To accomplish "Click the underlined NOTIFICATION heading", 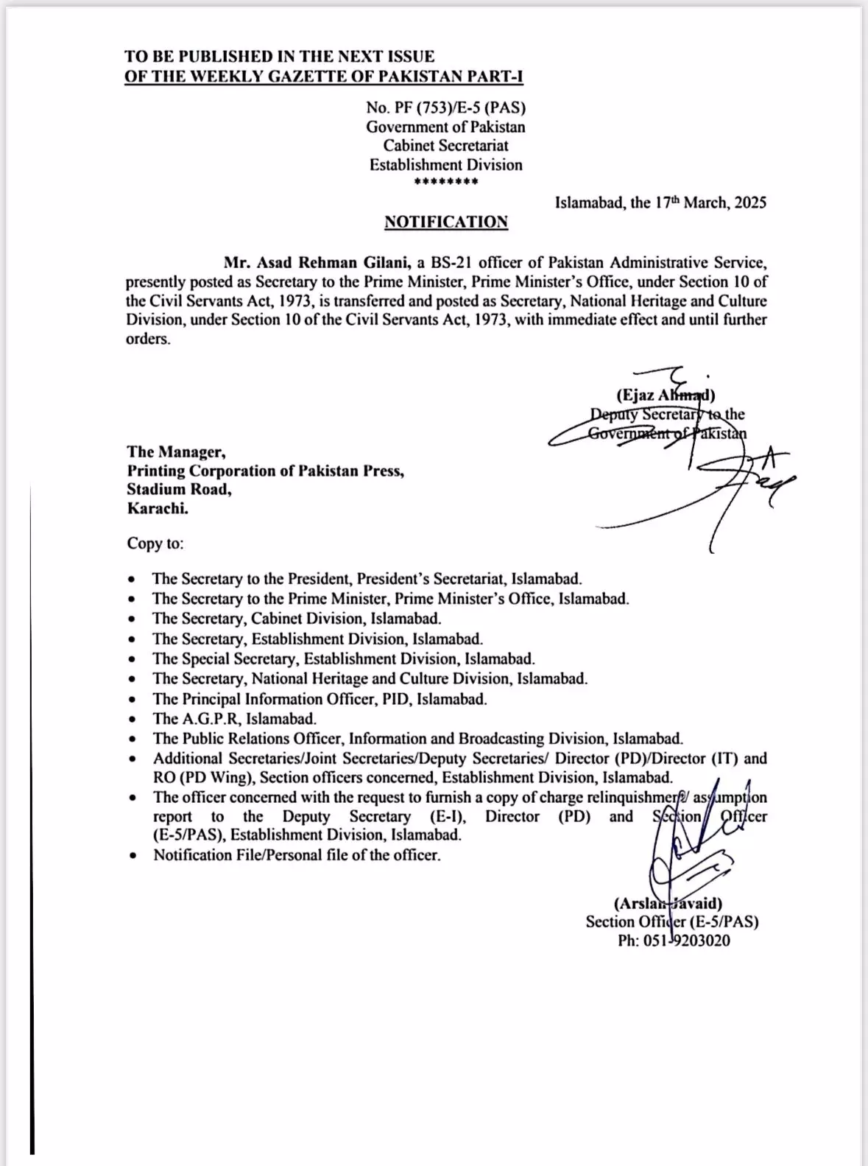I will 446,222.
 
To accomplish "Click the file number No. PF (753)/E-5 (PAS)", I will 446,108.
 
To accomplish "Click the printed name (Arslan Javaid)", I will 668,903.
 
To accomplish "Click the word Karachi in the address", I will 157,508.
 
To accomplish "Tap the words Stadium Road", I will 179,489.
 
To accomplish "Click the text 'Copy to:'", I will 155,544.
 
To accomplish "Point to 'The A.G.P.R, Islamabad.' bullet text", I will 234,719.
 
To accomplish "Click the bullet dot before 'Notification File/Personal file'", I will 132,856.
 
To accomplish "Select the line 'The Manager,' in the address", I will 177,452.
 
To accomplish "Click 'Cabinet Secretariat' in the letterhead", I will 446,146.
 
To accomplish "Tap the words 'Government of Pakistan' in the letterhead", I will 446,127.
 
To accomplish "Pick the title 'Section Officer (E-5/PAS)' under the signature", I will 672,921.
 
